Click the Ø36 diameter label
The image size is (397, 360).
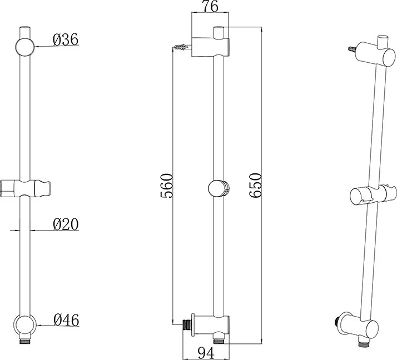coord(66,40)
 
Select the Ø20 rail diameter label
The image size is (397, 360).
coord(66,224)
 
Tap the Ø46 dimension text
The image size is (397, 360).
coord(66,320)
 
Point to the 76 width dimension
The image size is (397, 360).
coord(210,7)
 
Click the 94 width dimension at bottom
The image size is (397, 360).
coord(206,353)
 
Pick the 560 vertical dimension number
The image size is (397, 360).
coord(167,186)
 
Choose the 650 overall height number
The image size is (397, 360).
coord(255,186)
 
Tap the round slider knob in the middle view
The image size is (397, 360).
coord(219,188)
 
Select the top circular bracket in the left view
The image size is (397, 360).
coord(25,47)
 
